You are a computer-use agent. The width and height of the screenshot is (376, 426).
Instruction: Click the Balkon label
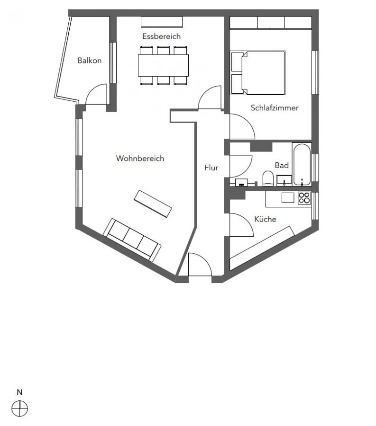pyautogui.click(x=89, y=60)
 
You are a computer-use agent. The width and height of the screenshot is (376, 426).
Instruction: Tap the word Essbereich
pyautogui.click(x=161, y=36)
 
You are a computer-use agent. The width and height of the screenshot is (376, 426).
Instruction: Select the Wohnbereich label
pyautogui.click(x=140, y=158)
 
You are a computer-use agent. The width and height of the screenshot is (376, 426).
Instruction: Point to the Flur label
pyautogui.click(x=211, y=168)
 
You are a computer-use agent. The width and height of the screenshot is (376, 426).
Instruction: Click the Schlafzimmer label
pyautogui.click(x=275, y=108)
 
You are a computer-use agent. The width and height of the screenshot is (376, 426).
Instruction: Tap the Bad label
pyautogui.click(x=282, y=165)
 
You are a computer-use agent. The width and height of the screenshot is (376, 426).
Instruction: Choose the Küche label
pyautogui.click(x=265, y=219)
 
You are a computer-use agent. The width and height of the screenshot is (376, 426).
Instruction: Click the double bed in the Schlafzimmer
pyautogui.click(x=257, y=73)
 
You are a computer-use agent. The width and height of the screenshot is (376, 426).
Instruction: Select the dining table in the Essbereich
pyautogui.click(x=163, y=65)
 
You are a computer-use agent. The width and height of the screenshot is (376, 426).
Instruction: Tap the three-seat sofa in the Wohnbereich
pyautogui.click(x=132, y=240)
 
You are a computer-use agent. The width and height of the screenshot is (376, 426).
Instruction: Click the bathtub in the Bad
pyautogui.click(x=302, y=164)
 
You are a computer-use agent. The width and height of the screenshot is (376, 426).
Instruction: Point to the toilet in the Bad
pyautogui.click(x=268, y=178)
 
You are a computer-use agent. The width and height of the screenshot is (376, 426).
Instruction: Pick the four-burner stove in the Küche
pyautogui.click(x=304, y=198)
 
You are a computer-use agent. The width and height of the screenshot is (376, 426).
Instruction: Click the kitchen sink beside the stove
pyautogui.click(x=288, y=197)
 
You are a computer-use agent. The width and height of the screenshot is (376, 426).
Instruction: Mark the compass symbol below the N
pyautogui.click(x=19, y=408)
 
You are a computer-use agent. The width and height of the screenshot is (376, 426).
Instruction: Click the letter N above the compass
pyautogui.click(x=19, y=392)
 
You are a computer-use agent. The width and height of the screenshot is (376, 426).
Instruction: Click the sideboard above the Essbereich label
pyautogui.click(x=162, y=22)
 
